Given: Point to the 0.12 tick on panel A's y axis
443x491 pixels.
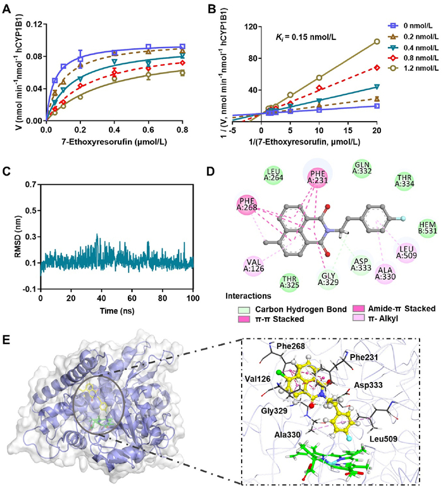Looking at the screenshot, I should click(32, 25).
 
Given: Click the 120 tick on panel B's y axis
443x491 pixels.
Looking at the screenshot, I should click(256, 27).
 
